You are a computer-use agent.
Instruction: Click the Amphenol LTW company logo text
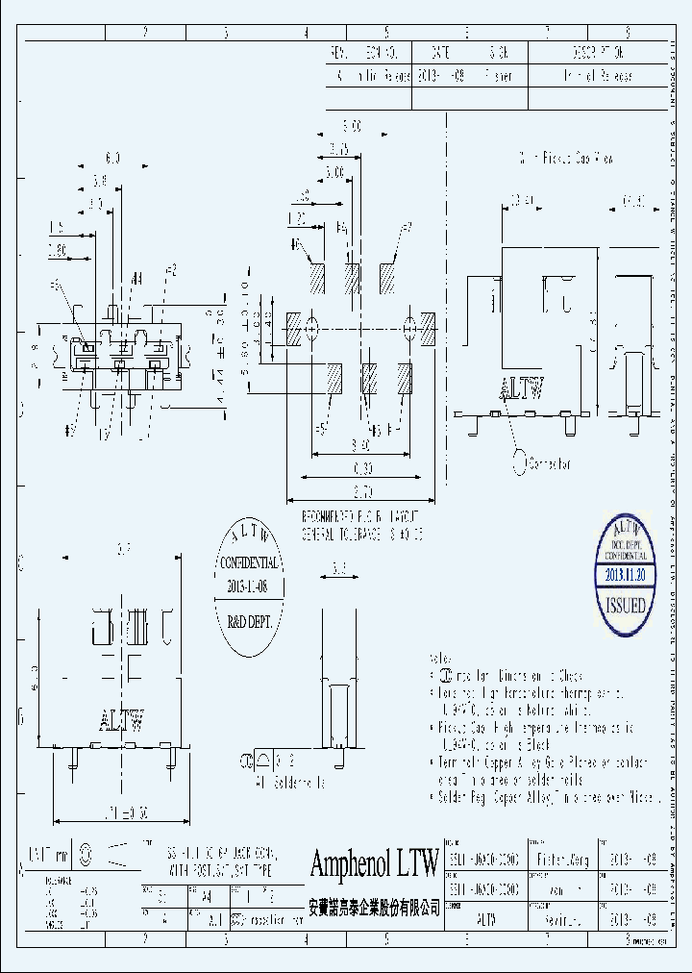(374, 862)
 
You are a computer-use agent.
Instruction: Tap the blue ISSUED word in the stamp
(625, 607)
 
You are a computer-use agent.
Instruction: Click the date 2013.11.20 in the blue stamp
(625, 575)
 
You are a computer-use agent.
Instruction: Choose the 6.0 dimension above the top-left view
(112, 157)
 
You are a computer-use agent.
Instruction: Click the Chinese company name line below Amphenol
(374, 907)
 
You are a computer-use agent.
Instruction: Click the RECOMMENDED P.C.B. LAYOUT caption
(356, 515)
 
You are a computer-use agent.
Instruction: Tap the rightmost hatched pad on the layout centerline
(429, 328)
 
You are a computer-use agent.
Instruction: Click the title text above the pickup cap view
(566, 158)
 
